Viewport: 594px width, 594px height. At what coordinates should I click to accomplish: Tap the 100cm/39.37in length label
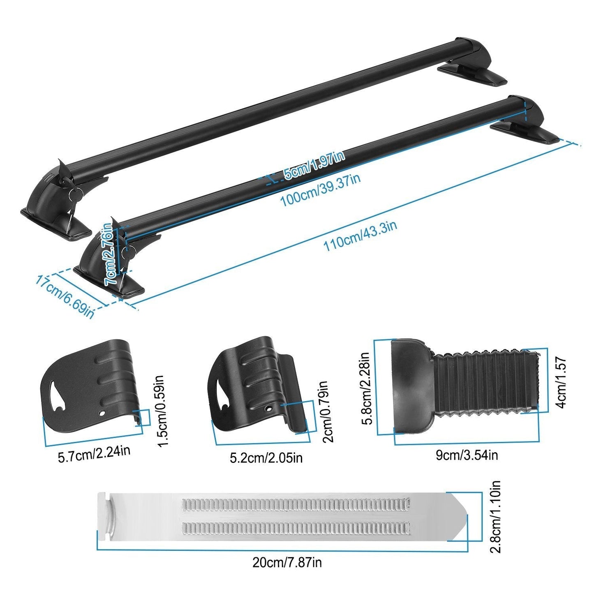coord(320,190)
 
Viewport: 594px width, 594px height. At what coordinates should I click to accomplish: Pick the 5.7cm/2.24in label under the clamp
coord(94,452)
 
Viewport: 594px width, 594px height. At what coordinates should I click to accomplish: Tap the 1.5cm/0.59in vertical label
coord(160,411)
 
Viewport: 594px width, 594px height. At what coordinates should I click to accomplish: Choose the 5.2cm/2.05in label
coord(266,457)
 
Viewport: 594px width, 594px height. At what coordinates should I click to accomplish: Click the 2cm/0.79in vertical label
coord(327,411)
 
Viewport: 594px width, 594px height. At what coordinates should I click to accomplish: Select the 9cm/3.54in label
coord(467,455)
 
